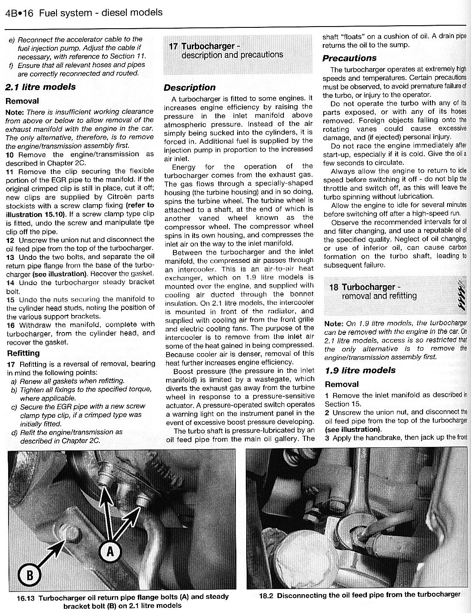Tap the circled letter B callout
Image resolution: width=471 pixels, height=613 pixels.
point(30,575)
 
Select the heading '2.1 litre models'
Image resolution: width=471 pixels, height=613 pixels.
point(40,87)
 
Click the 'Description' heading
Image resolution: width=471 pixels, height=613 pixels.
point(190,88)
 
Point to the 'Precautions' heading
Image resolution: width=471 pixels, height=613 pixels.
point(349,58)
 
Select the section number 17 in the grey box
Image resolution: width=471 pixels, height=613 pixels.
point(173,46)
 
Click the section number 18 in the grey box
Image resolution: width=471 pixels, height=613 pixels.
point(334,287)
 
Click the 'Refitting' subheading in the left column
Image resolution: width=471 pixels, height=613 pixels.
point(24,353)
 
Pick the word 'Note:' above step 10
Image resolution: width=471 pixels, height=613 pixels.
point(15,112)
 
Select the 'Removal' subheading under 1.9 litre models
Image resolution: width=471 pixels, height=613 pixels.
point(342,384)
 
